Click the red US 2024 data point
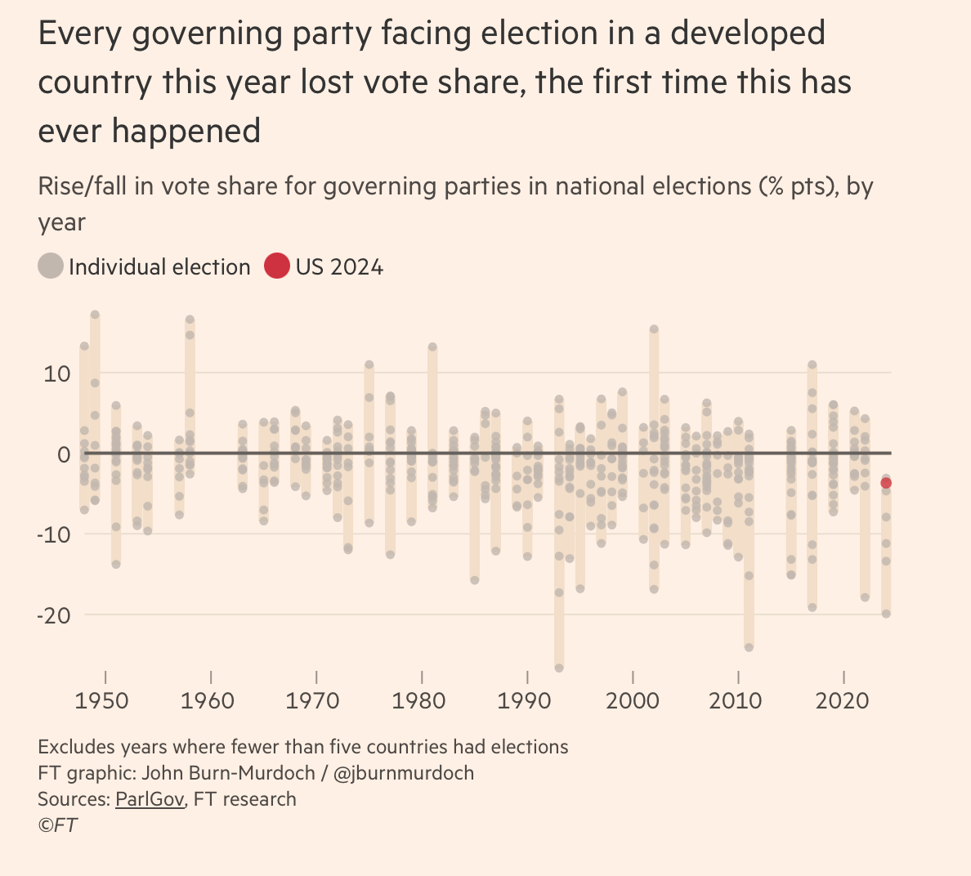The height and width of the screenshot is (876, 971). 886,483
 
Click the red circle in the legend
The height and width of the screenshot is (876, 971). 277,266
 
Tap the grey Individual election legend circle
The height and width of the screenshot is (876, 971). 51,266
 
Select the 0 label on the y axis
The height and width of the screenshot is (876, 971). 64,454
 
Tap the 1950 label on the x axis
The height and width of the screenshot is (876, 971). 101,700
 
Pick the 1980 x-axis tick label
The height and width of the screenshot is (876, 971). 419,700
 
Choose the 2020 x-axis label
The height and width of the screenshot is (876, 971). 843,700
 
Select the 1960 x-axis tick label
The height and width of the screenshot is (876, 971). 208,700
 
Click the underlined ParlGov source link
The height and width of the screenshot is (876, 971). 150,799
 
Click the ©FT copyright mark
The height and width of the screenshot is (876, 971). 57,825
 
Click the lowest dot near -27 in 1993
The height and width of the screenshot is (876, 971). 559,668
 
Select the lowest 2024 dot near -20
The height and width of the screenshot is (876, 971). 886,614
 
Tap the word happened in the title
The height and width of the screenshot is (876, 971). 186,131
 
